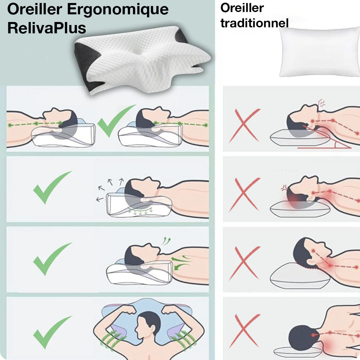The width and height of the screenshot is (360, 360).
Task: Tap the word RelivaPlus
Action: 47,29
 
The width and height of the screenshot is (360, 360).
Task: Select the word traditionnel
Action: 254,23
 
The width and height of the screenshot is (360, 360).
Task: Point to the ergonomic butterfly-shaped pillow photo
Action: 142,60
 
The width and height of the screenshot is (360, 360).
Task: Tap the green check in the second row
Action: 52,187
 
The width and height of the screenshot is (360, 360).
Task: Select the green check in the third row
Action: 52,259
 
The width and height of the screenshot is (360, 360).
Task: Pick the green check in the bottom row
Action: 52,332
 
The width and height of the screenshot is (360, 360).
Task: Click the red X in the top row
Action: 244,125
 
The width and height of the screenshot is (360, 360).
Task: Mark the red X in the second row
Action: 244,194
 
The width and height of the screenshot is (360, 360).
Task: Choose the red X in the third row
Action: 244,263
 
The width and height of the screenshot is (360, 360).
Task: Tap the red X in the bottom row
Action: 244,331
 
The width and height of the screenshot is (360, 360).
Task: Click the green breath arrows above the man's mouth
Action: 165,241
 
